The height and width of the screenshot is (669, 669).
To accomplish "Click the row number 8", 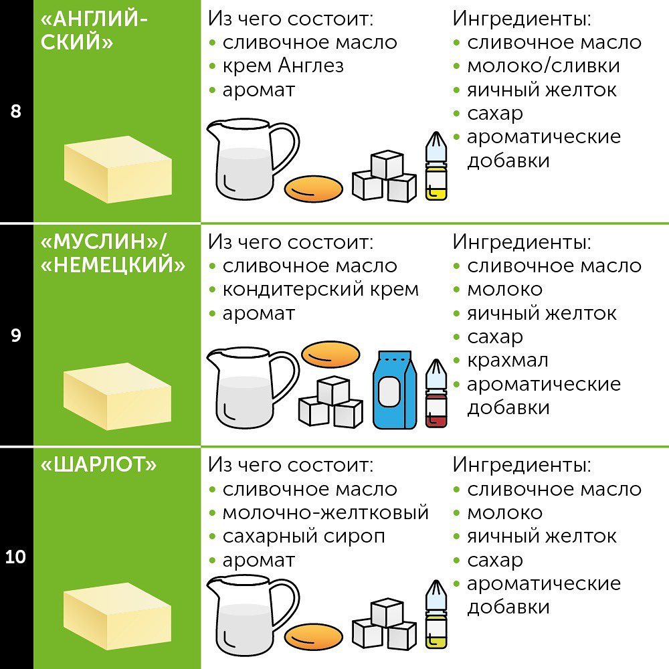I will (16, 111).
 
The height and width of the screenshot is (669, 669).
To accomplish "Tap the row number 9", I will (16, 335).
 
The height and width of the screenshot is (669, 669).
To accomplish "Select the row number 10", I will (16, 557).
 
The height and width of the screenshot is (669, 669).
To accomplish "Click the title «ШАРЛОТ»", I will (99, 466).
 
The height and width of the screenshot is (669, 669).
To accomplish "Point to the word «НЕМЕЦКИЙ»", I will (113, 266).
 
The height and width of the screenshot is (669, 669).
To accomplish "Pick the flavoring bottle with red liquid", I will (436, 395).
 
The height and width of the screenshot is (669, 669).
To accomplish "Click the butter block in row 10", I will (117, 615).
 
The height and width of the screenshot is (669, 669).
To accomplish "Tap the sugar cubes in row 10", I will (385, 626).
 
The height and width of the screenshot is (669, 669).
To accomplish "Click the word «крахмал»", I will (508, 361).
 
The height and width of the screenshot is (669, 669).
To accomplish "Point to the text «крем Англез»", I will (283, 66).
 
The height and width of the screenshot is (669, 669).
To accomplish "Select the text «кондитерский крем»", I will (320, 290).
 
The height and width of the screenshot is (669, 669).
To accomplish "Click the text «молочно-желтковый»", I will (325, 513).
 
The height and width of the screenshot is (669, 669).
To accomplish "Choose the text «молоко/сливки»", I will (543, 66).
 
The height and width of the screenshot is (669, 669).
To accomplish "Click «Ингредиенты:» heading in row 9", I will (522, 242).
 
